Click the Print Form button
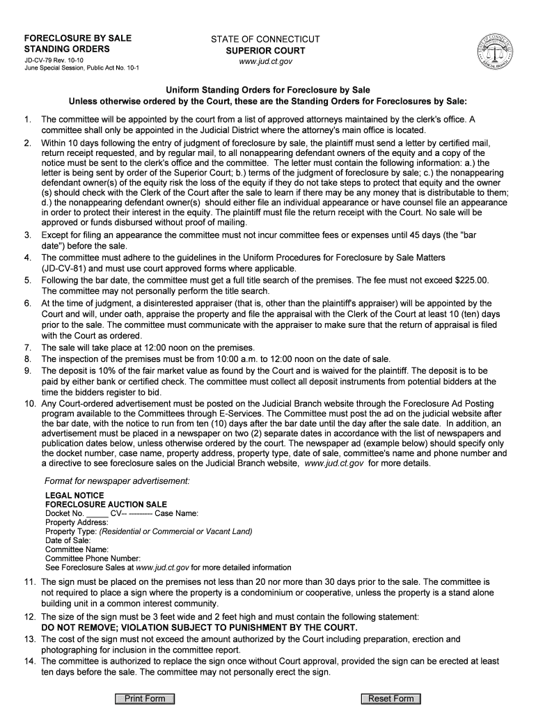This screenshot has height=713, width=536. point(145,698)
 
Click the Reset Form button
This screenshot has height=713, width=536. point(391,698)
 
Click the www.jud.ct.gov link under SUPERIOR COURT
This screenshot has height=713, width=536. point(265,61)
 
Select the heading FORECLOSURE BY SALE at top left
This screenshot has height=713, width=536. point(78,38)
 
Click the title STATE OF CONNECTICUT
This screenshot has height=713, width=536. point(265,39)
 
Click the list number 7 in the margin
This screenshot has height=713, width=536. point(28,347)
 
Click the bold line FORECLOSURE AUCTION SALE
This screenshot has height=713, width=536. point(106,504)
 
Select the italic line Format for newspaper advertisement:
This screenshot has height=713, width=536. point(117,480)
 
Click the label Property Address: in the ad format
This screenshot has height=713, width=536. point(77,522)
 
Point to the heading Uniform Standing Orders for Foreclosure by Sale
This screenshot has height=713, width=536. point(267,91)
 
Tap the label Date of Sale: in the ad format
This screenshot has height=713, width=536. point(68,540)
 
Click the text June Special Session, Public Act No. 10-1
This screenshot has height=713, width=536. point(81,69)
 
